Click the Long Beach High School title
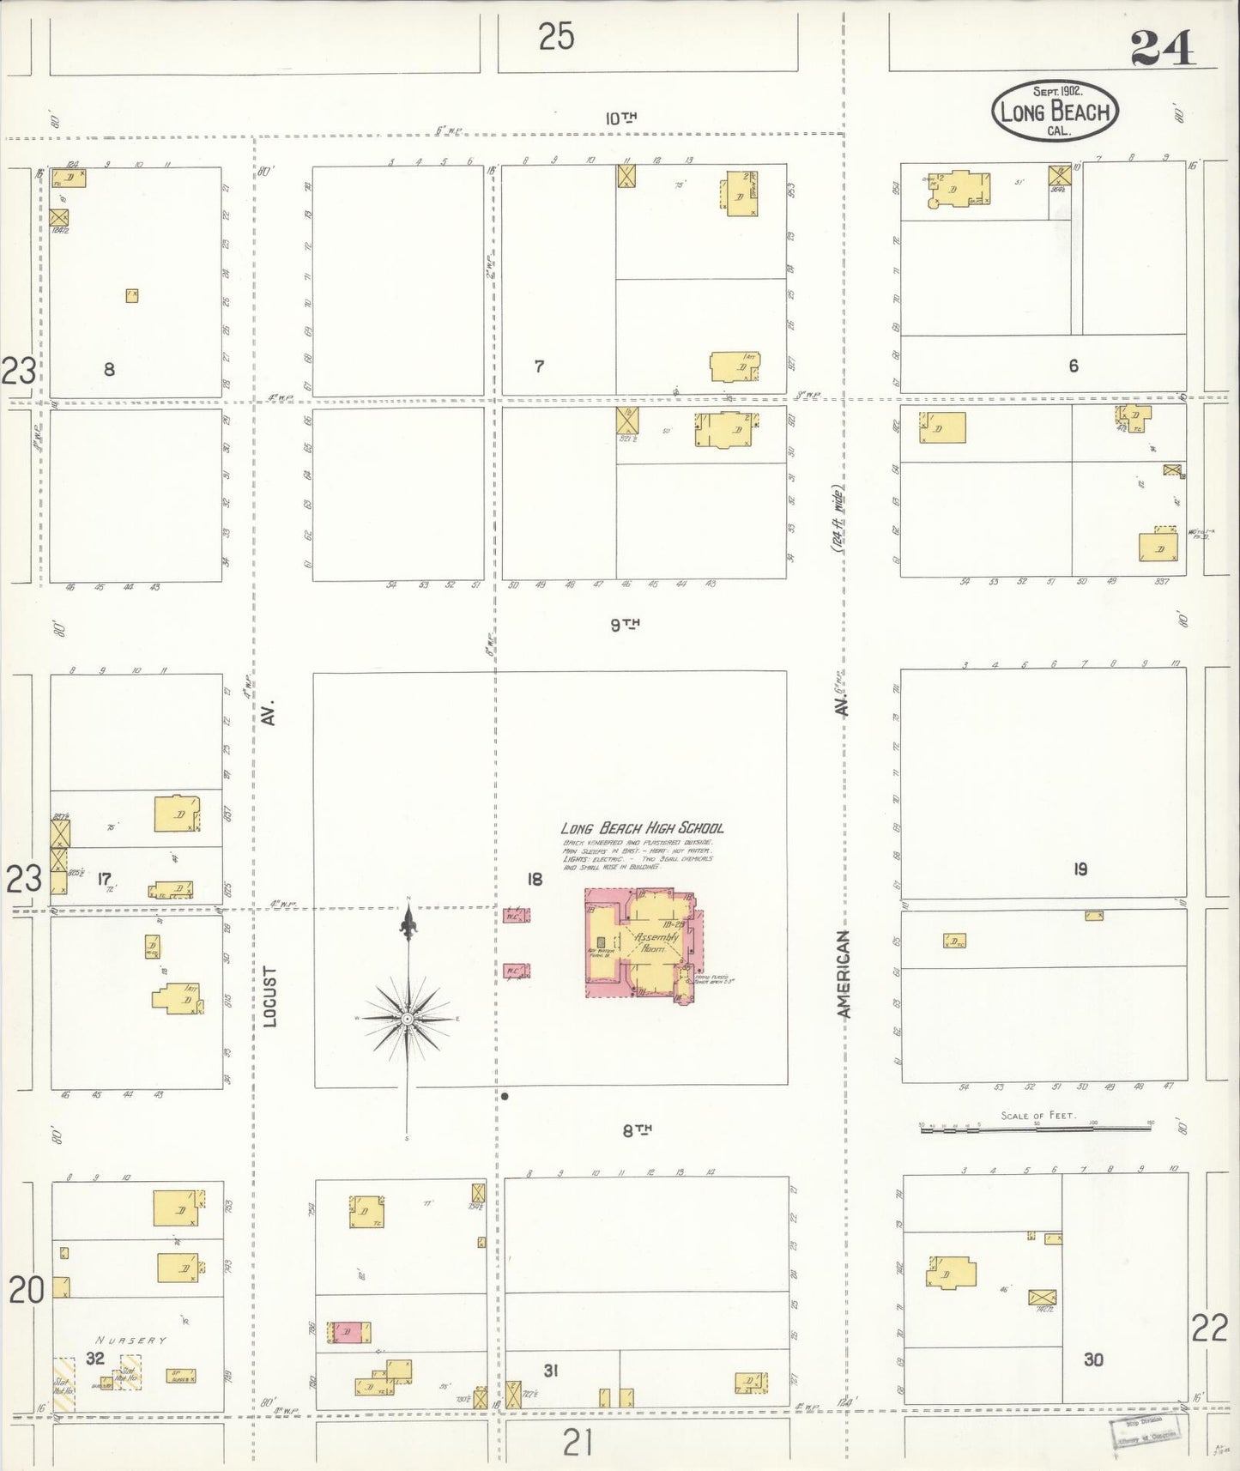click(x=642, y=828)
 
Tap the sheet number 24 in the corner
click(x=1162, y=49)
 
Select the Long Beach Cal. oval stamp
click(x=1055, y=110)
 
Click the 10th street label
click(x=620, y=118)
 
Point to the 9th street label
click(x=626, y=625)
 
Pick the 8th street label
click(x=638, y=1130)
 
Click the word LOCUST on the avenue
click(x=269, y=996)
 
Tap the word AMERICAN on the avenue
click(x=844, y=974)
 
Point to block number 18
click(x=535, y=879)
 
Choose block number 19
click(x=1080, y=869)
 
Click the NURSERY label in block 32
click(x=131, y=1340)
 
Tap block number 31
click(x=551, y=1371)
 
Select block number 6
click(x=1073, y=366)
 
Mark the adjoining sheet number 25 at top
click(x=556, y=37)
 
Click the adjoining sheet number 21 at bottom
click(x=578, y=1444)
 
